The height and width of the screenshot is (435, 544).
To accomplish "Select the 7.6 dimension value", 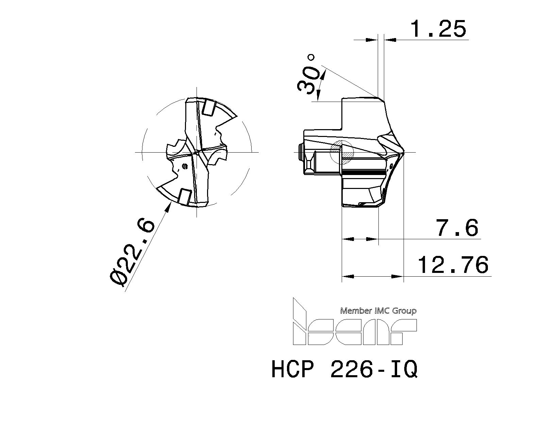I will [457, 228].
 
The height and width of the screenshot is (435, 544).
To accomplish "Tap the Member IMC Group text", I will [378, 311].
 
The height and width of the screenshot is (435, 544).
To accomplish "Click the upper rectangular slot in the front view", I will [208, 108].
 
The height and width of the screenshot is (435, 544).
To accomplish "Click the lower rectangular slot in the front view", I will [184, 197].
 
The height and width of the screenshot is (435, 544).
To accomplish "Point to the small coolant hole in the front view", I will [185, 166].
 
